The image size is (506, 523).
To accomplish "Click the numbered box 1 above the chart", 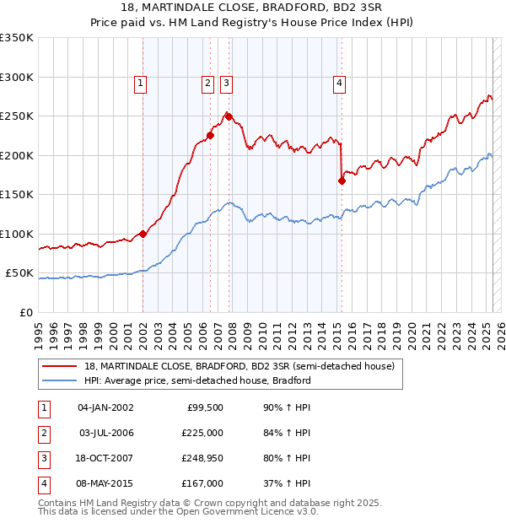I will (140, 83).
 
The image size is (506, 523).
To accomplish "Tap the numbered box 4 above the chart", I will (339, 83).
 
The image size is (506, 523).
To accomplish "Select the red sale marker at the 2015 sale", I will (342, 180).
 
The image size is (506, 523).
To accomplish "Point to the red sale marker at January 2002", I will (143, 234).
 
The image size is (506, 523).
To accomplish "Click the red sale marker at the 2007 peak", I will (229, 116).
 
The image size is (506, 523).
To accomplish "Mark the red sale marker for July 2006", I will (210, 135).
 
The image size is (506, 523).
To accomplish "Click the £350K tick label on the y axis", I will (17, 38).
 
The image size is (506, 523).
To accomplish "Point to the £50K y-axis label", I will (20, 273).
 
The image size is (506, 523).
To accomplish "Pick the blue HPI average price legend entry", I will (197, 380).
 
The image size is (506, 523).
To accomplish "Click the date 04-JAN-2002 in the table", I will (105, 407).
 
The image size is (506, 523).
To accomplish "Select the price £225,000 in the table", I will (202, 433).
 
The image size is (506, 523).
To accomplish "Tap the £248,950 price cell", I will (202, 458).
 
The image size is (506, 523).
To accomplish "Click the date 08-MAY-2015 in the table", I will (105, 483).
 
